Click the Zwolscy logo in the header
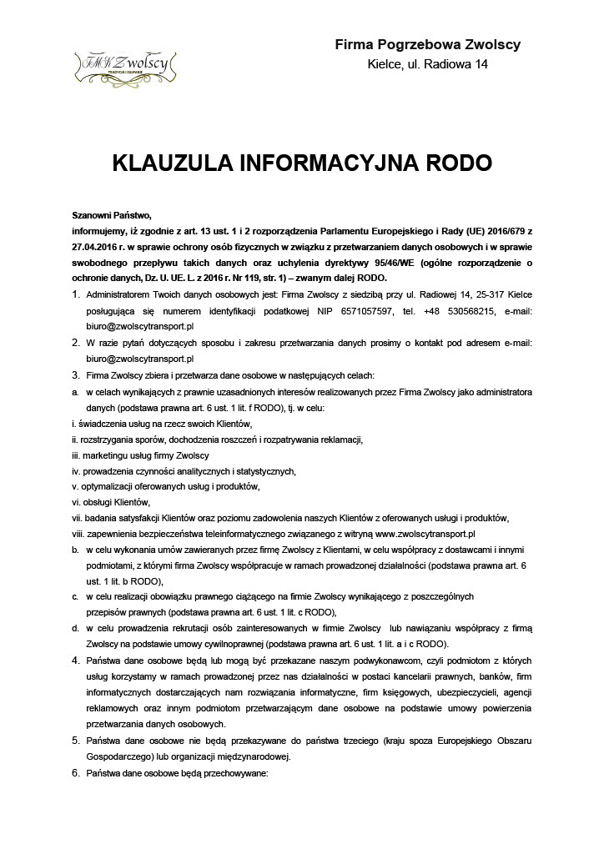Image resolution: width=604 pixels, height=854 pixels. (x=123, y=62)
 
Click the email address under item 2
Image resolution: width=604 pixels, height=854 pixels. (x=133, y=358)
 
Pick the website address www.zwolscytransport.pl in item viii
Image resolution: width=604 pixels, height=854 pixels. (x=425, y=533)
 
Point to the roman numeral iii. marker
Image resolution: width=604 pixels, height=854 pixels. (x=76, y=455)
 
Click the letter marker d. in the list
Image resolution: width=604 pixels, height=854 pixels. (x=76, y=628)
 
